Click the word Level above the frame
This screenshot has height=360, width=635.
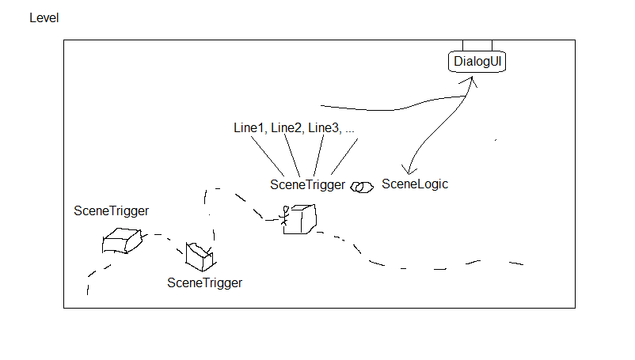click(x=44, y=17)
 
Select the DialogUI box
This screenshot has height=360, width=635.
click(x=477, y=62)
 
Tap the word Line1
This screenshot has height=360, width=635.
click(x=249, y=128)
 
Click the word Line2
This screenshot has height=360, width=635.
click(x=287, y=128)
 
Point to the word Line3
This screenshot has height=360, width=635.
click(x=324, y=128)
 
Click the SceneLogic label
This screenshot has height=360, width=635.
click(x=415, y=184)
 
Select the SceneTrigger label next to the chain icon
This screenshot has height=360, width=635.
click(x=307, y=185)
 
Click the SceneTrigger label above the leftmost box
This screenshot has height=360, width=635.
click(x=112, y=210)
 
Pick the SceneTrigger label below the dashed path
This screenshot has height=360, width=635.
click(x=204, y=282)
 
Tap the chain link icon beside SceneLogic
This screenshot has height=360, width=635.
click(x=363, y=187)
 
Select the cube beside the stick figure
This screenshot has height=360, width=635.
click(x=302, y=218)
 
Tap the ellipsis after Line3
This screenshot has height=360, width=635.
click(x=350, y=129)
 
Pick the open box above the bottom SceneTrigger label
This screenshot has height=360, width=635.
click(x=199, y=256)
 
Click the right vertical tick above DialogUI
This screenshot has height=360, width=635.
click(x=492, y=45)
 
